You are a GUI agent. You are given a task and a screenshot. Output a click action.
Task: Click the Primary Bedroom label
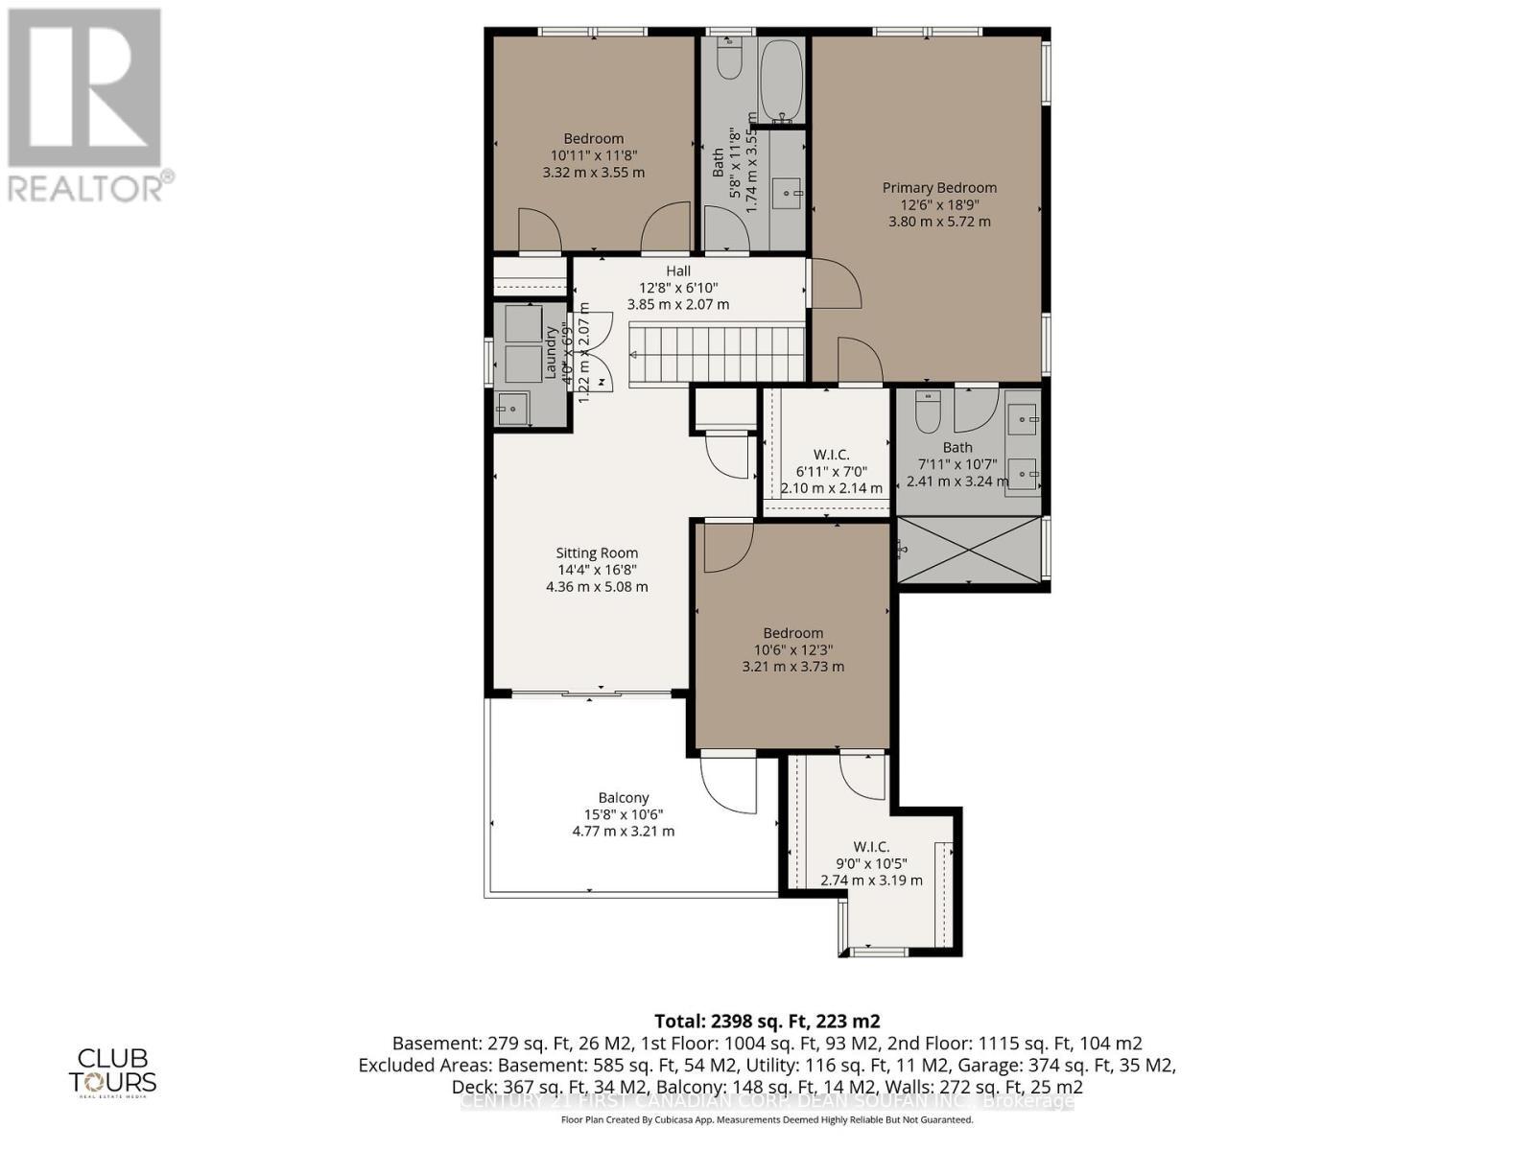pyautogui.click(x=939, y=188)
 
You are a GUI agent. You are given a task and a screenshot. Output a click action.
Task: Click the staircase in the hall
pyautogui.click(x=717, y=354)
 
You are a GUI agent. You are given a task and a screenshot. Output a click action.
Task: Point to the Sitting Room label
pyautogui.click(x=597, y=553)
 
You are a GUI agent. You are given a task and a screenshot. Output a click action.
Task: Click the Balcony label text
pyautogui.click(x=624, y=798)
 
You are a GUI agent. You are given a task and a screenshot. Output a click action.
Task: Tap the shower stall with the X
pyautogui.click(x=969, y=550)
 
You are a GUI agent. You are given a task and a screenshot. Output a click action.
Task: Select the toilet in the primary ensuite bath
pyautogui.click(x=928, y=411)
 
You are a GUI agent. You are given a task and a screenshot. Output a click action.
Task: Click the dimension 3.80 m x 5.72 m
pyautogui.click(x=939, y=222)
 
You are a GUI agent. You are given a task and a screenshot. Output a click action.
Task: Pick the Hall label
pyautogui.click(x=678, y=271)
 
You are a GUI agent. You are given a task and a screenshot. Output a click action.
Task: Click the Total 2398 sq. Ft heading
pyautogui.click(x=767, y=1021)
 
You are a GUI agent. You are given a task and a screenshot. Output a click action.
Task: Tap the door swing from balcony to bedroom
pyautogui.click(x=726, y=781)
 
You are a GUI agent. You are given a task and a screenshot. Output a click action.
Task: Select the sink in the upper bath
pyautogui.click(x=790, y=194)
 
